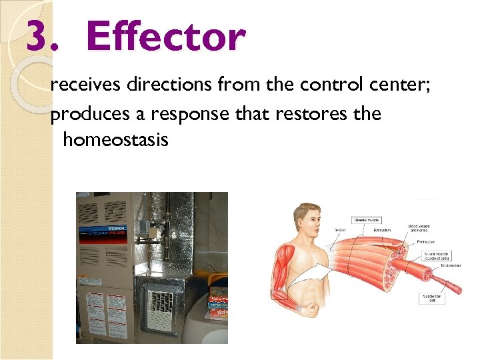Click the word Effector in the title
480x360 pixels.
click(x=166, y=37)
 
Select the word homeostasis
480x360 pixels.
click(x=115, y=140)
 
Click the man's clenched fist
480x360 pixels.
click(x=307, y=308)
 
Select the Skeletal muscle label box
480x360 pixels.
click(x=366, y=219)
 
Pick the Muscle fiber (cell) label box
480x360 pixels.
click(x=431, y=297)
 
